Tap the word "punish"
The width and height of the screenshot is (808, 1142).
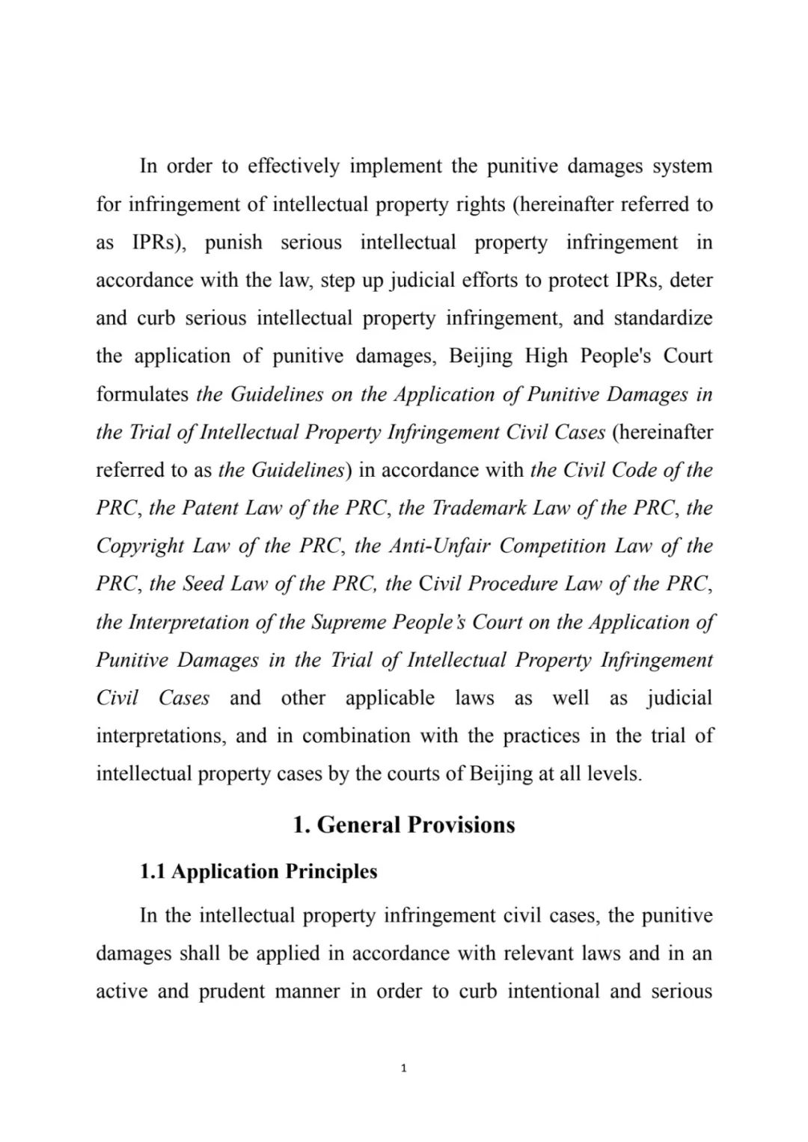tap(233, 242)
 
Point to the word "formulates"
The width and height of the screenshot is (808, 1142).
tap(142, 394)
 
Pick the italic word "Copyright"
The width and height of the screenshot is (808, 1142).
tap(140, 546)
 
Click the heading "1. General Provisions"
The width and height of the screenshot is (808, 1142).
tap(404, 825)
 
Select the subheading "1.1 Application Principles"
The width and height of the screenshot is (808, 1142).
tap(259, 871)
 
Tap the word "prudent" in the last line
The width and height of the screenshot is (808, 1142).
tap(232, 992)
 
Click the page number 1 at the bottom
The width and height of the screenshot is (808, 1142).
tap(404, 1068)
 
